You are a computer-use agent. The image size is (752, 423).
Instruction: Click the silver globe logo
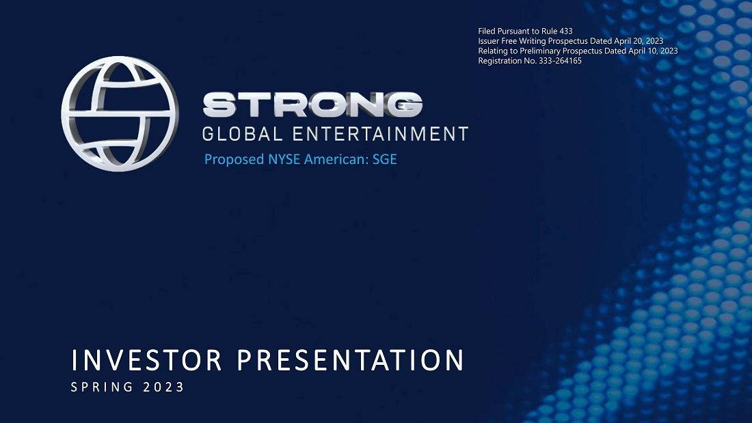tap(120, 113)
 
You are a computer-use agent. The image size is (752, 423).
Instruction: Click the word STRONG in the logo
tap(312, 105)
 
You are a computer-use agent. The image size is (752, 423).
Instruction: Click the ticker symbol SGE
tap(385, 160)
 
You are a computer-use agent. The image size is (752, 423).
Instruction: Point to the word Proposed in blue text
tap(230, 160)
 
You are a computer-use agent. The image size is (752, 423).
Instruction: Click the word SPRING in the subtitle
tap(101, 387)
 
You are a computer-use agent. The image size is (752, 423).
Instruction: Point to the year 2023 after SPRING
tap(164, 387)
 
